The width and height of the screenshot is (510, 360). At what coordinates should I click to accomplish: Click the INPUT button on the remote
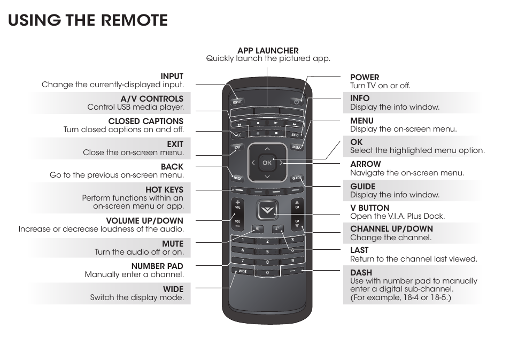(x=237, y=101)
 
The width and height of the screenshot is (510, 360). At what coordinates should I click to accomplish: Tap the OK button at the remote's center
(x=267, y=162)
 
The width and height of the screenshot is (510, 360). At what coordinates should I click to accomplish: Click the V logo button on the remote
(x=267, y=210)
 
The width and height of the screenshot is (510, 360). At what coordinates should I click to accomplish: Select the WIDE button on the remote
(x=241, y=271)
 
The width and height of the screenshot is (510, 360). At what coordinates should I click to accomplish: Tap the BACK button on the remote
(x=238, y=177)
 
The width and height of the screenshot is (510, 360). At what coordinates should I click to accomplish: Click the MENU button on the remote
(x=297, y=147)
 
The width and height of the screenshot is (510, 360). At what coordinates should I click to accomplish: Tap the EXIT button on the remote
(x=237, y=147)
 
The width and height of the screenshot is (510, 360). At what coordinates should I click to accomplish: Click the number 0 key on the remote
(x=267, y=273)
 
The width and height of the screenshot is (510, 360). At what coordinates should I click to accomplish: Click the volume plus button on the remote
(x=237, y=204)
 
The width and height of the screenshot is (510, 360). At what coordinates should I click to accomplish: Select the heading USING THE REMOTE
(x=88, y=20)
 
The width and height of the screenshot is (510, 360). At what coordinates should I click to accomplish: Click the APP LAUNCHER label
(x=268, y=51)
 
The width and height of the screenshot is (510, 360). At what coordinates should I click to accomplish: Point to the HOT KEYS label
(x=164, y=189)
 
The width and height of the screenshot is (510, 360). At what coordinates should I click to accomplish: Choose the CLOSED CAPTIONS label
(x=145, y=121)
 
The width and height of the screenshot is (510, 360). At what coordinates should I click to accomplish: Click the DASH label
(x=361, y=273)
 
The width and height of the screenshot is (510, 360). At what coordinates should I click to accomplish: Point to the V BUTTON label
(x=369, y=208)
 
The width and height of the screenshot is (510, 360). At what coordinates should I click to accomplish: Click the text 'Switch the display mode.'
(x=136, y=297)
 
